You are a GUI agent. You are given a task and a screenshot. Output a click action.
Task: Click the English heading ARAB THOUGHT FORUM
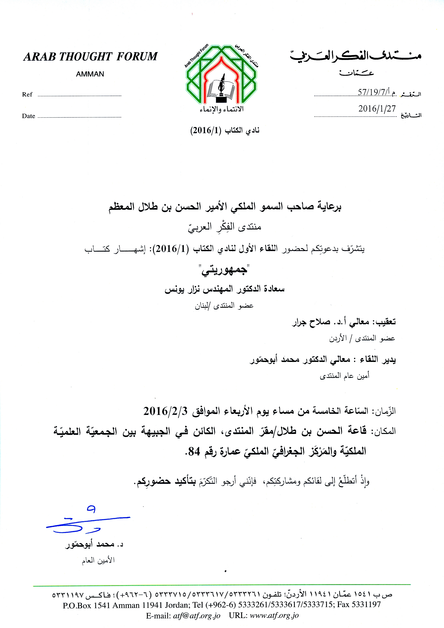coord(90,57)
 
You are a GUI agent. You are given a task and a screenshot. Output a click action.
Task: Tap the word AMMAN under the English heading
coord(90,74)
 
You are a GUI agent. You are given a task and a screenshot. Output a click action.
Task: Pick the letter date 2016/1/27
coord(377,109)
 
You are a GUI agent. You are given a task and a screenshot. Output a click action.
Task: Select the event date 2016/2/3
coord(165,411)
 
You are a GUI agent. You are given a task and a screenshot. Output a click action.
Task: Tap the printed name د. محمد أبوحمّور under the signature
coord(94,545)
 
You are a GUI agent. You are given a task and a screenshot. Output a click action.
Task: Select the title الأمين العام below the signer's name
coord(98,560)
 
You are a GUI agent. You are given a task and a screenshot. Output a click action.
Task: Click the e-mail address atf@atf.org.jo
coord(197,616)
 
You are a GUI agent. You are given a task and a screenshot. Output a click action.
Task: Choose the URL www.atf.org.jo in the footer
coord(274,616)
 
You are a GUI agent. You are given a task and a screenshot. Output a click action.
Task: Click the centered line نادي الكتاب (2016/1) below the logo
coord(225,130)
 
